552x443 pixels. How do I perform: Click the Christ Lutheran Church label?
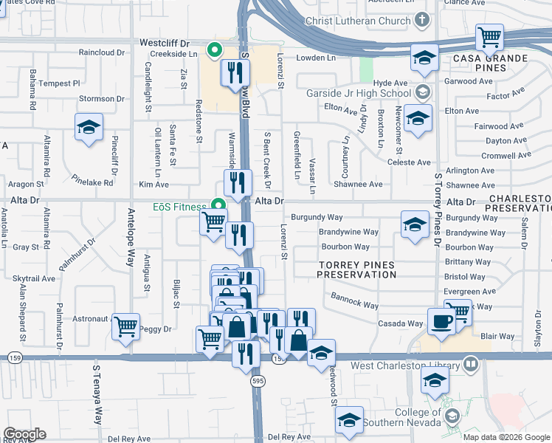356,21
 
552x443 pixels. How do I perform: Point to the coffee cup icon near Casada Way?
442,322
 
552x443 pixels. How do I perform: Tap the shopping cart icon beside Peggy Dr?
126,325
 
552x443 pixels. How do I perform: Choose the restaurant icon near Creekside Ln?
235,72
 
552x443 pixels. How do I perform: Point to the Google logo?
24,434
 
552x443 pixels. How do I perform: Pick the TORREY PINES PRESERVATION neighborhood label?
356,269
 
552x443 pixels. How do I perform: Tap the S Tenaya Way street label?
97,394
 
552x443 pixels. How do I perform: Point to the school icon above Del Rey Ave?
348,420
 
